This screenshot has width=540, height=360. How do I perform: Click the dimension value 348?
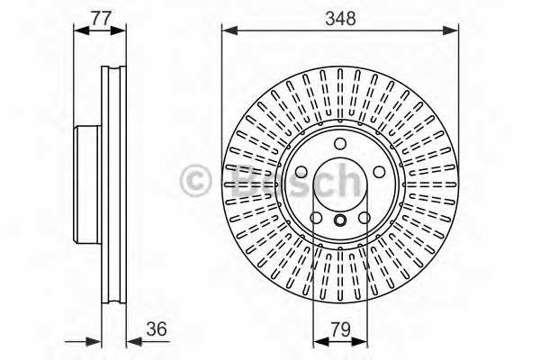coord(340,18)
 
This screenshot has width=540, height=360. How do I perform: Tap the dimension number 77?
coord(101,18)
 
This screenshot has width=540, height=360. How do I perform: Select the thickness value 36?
coord(157,328)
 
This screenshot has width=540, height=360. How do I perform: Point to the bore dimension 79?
coord(340,329)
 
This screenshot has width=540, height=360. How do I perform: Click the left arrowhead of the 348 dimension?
coord(230,31)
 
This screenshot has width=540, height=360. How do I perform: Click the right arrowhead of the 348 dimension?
coord(451,31)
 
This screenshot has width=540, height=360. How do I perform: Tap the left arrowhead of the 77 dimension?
coord(82,31)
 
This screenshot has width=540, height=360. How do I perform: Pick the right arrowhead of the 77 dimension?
coord(118,31)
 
